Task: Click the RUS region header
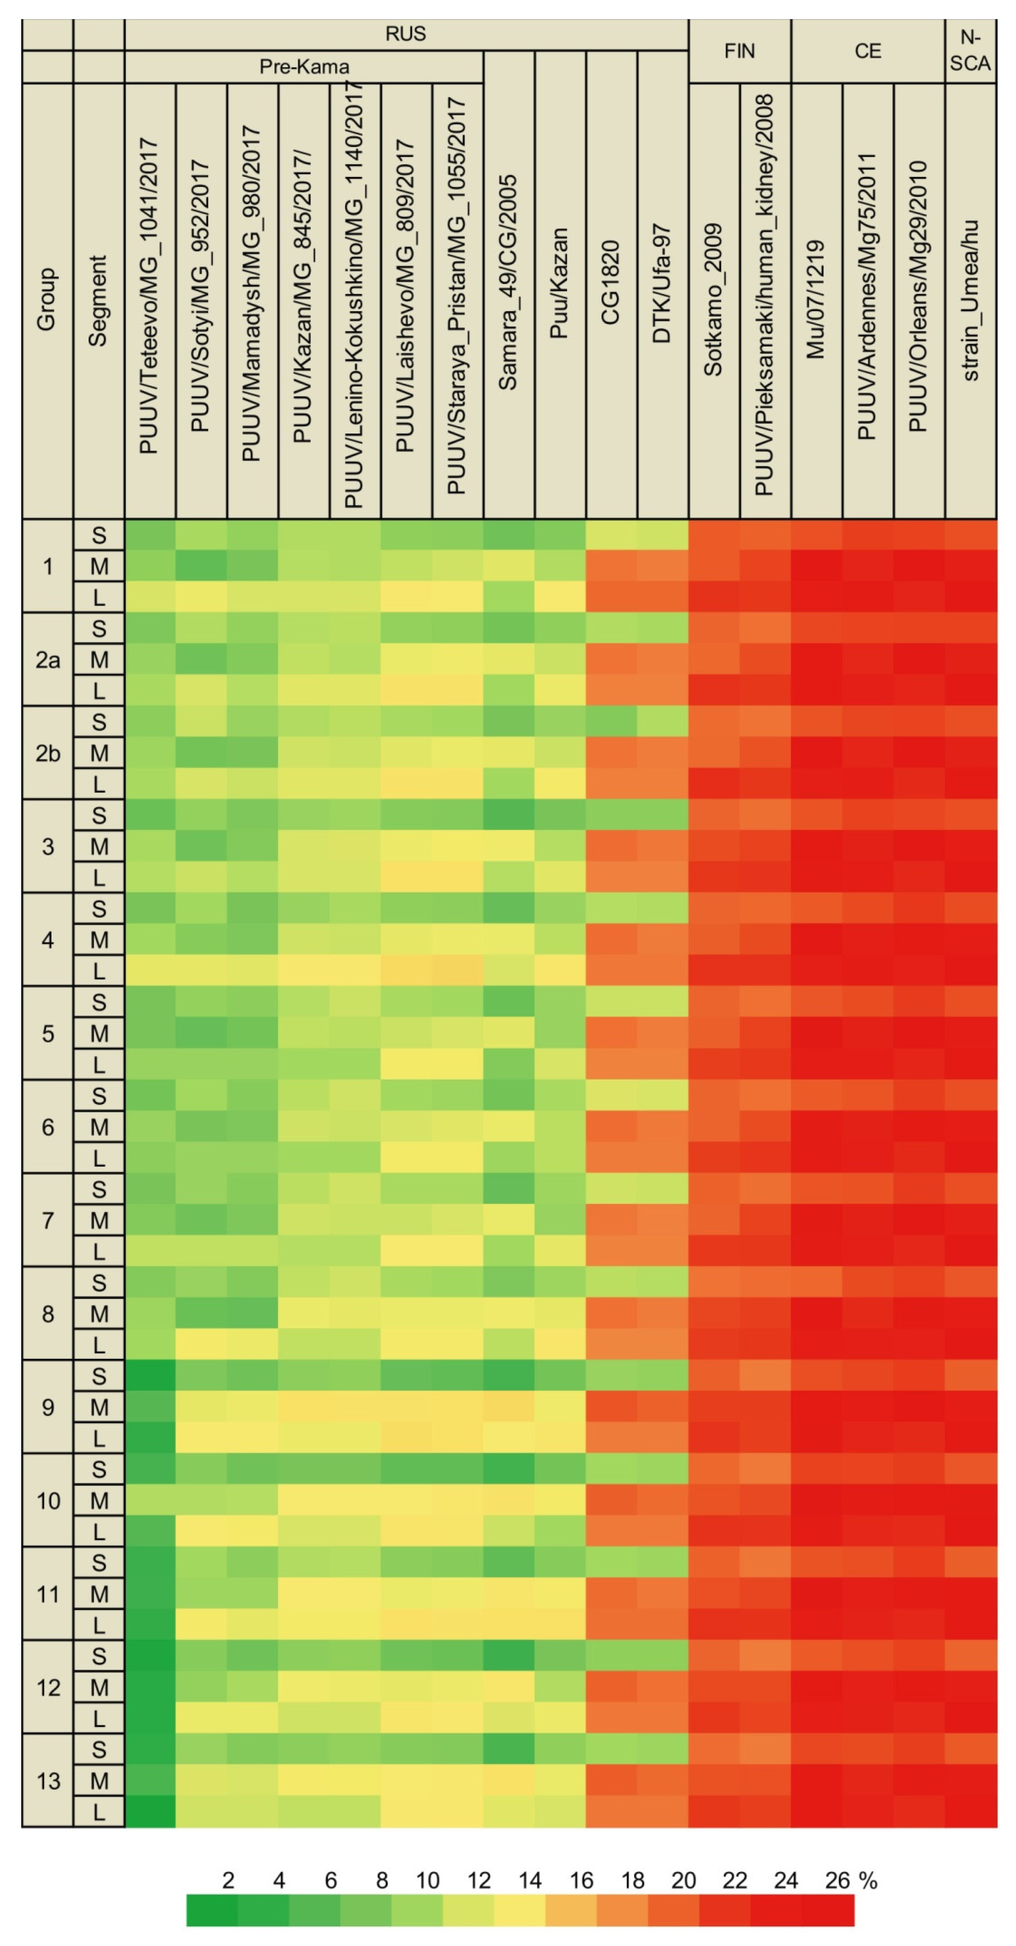tap(406, 34)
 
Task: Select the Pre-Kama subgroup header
tap(304, 66)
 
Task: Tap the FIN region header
tap(739, 50)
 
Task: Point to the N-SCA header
tap(970, 50)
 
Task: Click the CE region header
tap(867, 50)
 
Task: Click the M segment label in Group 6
tap(99, 1127)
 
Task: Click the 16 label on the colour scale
tap(581, 1881)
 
